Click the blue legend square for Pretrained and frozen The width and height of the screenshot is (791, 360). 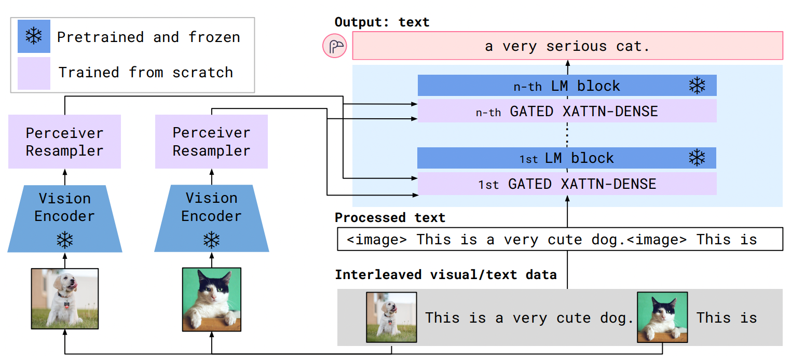click(34, 36)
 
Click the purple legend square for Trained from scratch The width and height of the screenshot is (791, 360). click(34, 73)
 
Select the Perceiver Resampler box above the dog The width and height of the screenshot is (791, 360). click(64, 142)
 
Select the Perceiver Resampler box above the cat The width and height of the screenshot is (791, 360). click(211, 142)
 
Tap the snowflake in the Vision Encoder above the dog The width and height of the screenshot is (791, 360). click(65, 240)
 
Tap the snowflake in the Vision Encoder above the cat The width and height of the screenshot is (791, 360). click(211, 240)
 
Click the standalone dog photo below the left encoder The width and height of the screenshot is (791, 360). click(65, 299)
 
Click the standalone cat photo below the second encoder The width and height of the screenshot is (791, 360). click(211, 299)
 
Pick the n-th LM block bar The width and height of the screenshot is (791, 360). click(567, 86)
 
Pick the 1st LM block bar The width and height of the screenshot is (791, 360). click(567, 158)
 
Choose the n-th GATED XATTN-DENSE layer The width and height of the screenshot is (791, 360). click(567, 111)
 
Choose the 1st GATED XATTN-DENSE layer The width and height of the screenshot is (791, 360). click(567, 184)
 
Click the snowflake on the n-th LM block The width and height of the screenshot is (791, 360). click(697, 86)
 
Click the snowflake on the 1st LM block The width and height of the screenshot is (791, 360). click(697, 158)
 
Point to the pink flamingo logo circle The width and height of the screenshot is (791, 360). click(335, 47)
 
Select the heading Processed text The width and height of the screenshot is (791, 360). click(390, 217)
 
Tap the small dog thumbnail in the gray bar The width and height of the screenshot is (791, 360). click(391, 317)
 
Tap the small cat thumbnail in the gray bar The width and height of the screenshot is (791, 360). click(662, 317)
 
